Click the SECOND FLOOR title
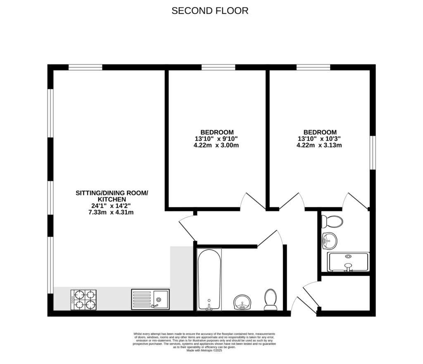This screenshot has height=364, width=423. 210,11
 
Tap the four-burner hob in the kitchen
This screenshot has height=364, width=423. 84,300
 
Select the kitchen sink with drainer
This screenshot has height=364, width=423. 150,299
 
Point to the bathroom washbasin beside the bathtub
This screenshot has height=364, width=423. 242,302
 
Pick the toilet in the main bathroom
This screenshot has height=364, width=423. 270,299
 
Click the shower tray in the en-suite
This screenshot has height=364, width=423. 348,262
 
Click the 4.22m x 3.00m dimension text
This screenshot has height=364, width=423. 217,145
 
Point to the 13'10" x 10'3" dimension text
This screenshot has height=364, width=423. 319,139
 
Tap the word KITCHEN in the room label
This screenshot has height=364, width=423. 112,199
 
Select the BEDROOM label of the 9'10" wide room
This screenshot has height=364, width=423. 217,132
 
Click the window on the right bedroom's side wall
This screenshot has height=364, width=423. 373,152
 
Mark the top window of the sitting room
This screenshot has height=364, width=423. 85,67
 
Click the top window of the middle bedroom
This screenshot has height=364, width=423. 218,67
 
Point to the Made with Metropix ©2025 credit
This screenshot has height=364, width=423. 204,350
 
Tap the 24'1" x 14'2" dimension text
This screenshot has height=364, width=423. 112,206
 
